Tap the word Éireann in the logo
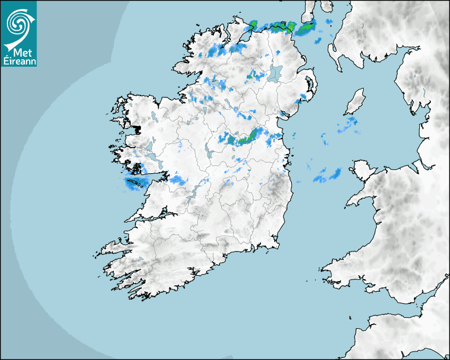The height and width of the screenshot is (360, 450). [19, 60]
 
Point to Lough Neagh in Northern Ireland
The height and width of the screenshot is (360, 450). [275, 73]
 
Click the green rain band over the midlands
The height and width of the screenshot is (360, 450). [247, 138]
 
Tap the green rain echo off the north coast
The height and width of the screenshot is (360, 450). [304, 29]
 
